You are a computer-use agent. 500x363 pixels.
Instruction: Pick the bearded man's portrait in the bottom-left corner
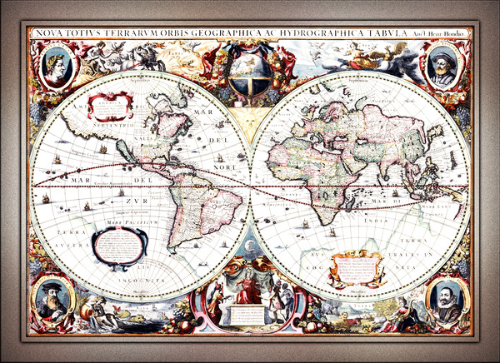coord(52,298)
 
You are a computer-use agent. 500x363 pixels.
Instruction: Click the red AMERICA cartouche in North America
coord(109,107)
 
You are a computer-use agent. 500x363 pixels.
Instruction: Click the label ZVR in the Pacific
coord(131,201)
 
